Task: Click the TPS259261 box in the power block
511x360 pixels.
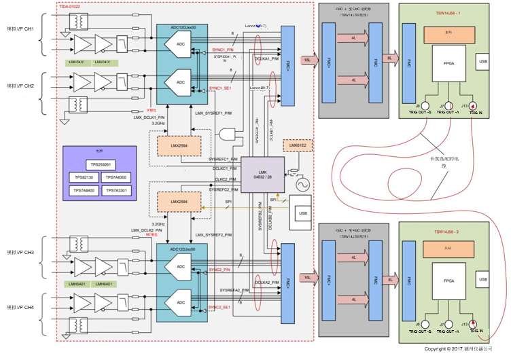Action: point(101,164)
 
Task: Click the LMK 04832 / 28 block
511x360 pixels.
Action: point(262,174)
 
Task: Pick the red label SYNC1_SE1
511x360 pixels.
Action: point(219,88)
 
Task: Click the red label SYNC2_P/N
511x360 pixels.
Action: point(220,270)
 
